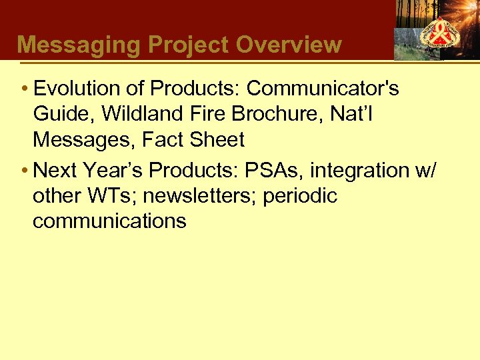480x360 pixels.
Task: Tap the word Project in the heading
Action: coord(189,45)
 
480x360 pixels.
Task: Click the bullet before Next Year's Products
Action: coord(24,171)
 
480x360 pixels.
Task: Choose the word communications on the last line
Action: coord(109,221)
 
